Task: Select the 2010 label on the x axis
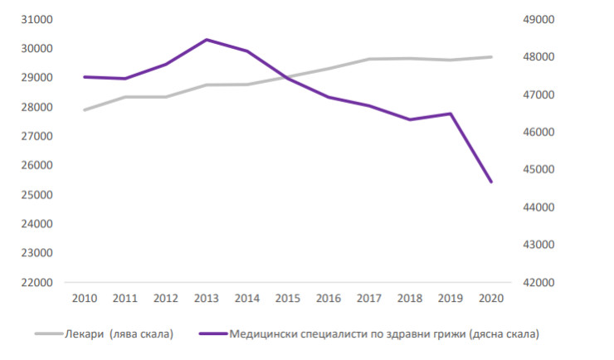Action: (x=85, y=297)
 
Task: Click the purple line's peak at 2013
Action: (x=207, y=40)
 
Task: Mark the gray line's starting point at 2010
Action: (x=85, y=109)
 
